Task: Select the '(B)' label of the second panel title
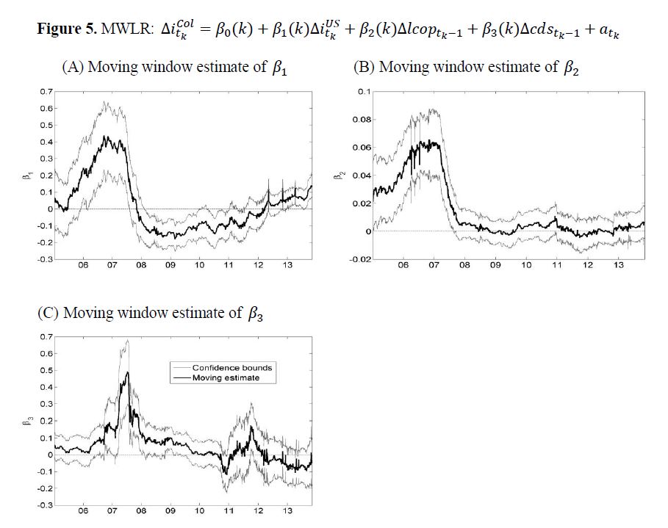click(x=364, y=67)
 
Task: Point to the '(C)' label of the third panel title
click(x=49, y=313)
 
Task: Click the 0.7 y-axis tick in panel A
click(x=46, y=92)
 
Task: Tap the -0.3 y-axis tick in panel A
click(x=45, y=259)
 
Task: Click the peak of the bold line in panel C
click(x=128, y=372)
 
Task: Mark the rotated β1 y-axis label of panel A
click(x=24, y=176)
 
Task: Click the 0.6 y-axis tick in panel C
click(x=46, y=353)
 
